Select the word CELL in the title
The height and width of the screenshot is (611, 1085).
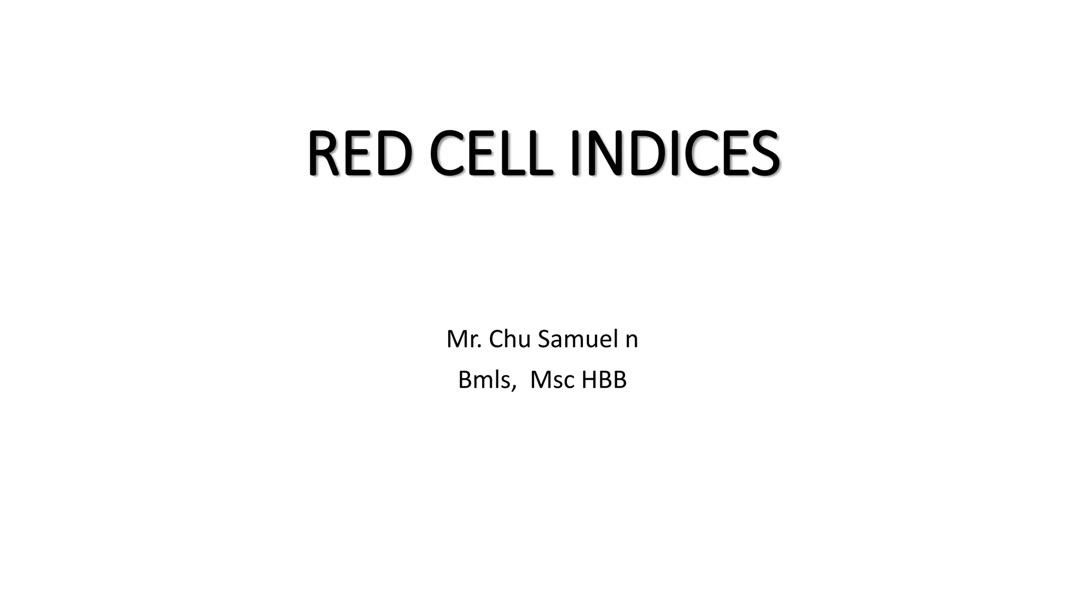[x=492, y=153]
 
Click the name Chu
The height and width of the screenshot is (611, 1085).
[x=508, y=339]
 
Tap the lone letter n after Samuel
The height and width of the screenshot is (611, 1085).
[x=632, y=341]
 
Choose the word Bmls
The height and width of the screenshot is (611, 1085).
[x=484, y=380]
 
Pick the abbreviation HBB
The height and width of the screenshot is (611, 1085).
[x=604, y=380]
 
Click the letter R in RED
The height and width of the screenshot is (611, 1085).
[x=324, y=153]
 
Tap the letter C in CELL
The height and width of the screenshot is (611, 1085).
[x=448, y=153]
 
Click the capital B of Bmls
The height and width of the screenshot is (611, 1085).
[x=465, y=380]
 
